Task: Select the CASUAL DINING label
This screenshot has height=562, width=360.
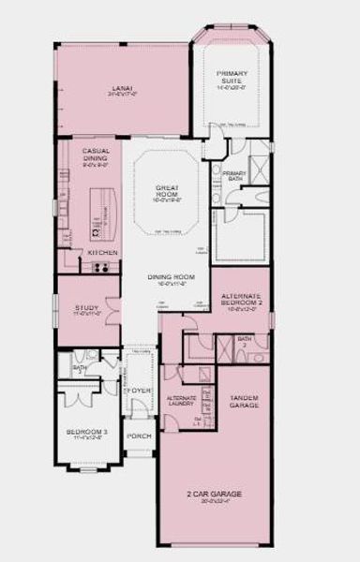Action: (97, 155)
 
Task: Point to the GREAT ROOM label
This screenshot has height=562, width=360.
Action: (169, 192)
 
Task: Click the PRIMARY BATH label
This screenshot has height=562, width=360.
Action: (234, 176)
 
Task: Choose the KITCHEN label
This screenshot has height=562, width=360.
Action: (101, 253)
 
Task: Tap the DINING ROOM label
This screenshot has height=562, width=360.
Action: (171, 277)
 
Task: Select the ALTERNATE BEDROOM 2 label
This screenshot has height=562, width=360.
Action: (241, 301)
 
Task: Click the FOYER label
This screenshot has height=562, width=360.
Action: (139, 390)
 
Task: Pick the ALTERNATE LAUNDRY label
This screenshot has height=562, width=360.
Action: (181, 400)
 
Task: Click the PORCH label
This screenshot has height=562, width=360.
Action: (139, 436)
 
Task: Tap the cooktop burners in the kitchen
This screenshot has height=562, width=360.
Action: (102, 266)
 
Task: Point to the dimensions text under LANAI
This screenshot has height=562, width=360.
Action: (123, 95)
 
